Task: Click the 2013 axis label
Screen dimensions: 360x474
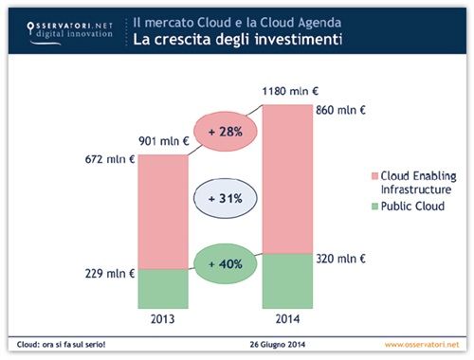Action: (x=163, y=318)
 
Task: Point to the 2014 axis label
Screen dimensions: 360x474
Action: (x=288, y=318)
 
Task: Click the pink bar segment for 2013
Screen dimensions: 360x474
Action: (x=163, y=211)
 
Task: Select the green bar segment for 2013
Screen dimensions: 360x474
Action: (x=163, y=288)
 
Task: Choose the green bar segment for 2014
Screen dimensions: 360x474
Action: (x=287, y=280)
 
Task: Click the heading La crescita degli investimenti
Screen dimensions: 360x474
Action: (x=237, y=40)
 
